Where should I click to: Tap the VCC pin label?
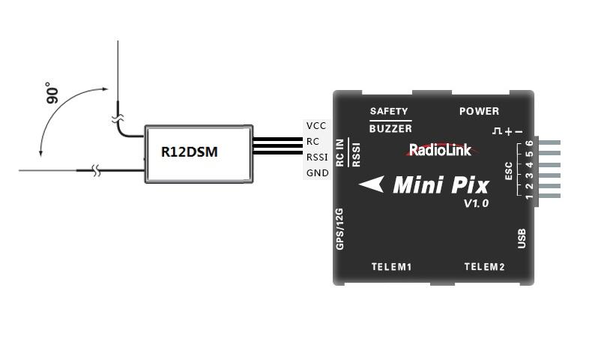coord(316,126)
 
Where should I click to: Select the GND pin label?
coord(317,173)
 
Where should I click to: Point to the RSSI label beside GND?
coord(317,157)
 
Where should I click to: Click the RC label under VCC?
coord(312,142)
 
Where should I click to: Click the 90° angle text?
coord(52,94)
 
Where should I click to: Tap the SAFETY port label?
coord(389,112)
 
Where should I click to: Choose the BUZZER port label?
coord(390,129)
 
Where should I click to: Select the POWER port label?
coord(479,112)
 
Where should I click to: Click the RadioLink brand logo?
coord(440,150)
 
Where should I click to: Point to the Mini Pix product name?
coord(440,184)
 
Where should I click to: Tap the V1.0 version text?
coord(476,203)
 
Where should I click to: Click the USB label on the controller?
coord(522,238)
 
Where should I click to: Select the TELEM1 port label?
coord(392,267)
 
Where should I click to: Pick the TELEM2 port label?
coord(484,267)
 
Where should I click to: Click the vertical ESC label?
coord(510,172)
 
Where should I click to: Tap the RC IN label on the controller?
coord(340,152)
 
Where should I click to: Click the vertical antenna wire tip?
coord(118,43)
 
